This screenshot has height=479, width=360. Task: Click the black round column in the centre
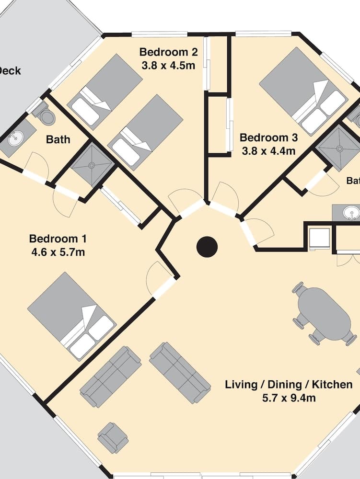[207, 247]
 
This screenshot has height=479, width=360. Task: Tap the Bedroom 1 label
[58, 239]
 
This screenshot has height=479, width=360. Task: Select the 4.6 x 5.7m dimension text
[58, 251]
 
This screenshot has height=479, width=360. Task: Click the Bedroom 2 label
[168, 52]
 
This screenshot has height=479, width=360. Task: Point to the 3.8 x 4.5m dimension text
[168, 66]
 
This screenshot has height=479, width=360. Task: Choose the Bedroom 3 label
[268, 138]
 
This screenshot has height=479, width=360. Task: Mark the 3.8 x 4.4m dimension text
[268, 151]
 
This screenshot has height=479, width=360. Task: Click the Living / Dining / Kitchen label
[289, 385]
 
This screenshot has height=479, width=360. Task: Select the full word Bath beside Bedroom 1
[58, 140]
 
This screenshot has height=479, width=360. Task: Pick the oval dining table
[324, 313]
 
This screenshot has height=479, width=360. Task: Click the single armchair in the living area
[113, 437]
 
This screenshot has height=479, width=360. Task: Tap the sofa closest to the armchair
[111, 376]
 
